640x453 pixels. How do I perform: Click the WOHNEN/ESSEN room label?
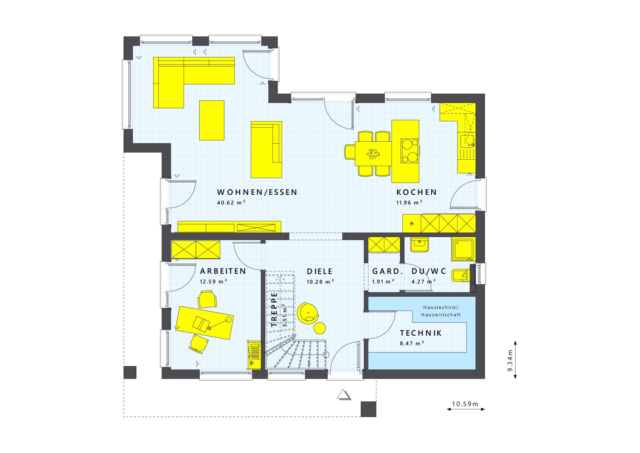(x=257, y=192)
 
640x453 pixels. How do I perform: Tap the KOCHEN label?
(x=416, y=192)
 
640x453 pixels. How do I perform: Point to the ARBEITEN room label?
(x=223, y=271)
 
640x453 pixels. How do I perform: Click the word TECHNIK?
(x=421, y=333)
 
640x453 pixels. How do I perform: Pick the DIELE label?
(x=320, y=271)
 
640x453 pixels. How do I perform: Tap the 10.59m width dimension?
(x=465, y=404)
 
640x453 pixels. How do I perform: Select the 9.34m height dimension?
(x=510, y=361)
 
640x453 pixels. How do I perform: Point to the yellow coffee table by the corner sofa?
(x=212, y=120)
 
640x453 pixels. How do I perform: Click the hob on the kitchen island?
(x=410, y=150)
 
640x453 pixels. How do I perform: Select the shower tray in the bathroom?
(x=463, y=249)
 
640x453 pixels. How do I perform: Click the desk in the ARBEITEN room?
(x=204, y=323)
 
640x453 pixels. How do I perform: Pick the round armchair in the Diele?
(x=308, y=312)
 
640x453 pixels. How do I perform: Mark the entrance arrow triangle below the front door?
(x=343, y=395)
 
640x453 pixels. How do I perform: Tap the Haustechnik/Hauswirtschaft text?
(x=441, y=311)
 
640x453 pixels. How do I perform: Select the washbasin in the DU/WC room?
(x=419, y=244)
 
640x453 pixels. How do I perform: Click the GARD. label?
(x=386, y=271)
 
